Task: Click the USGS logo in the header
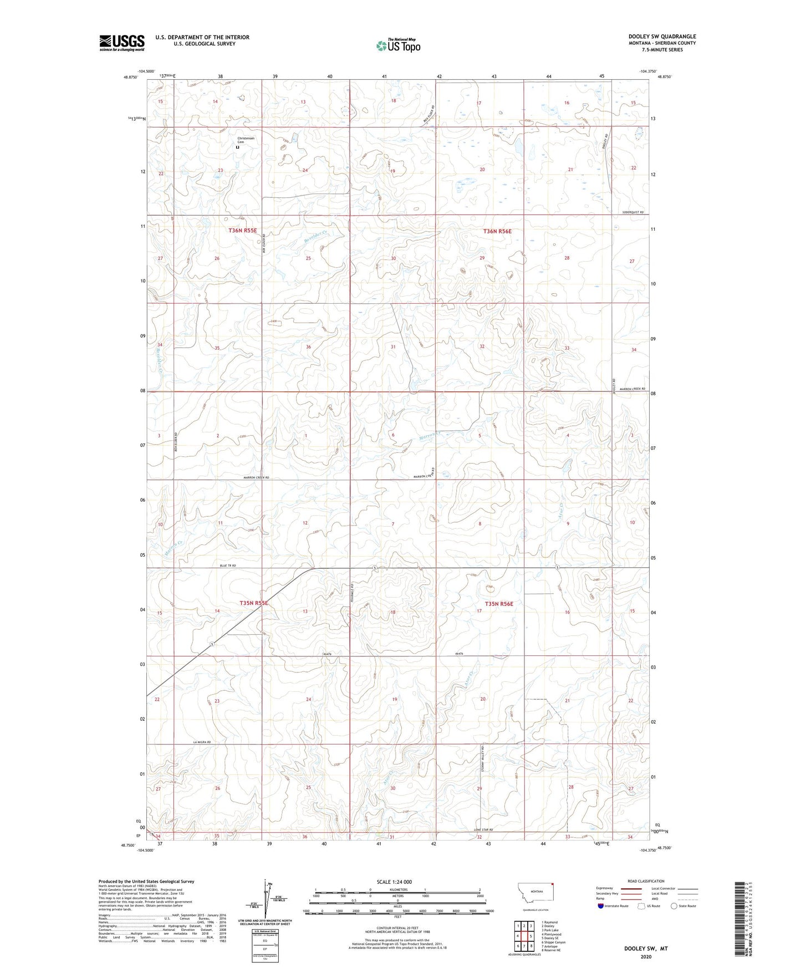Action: [x=121, y=43]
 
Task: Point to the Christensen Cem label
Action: [x=244, y=140]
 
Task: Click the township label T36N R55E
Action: [x=243, y=230]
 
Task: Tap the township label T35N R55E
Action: [x=254, y=603]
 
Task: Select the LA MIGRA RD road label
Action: [x=202, y=742]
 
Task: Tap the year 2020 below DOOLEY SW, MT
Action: [x=645, y=956]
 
